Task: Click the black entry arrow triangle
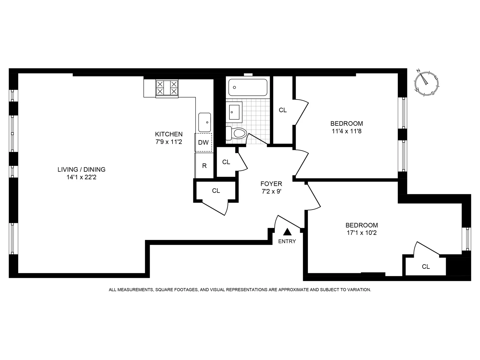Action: coord(287,232)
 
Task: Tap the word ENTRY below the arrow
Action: coord(287,241)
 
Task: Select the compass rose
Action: coord(427,82)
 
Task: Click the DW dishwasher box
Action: coord(204,142)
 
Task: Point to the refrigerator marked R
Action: coord(204,166)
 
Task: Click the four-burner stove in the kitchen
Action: coord(167,88)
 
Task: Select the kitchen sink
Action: coord(204,122)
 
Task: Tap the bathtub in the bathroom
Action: coord(248,87)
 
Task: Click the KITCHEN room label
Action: coord(169,134)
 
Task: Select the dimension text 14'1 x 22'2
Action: coord(81,177)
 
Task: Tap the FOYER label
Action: coord(271,184)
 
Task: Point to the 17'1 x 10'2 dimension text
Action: coord(362,233)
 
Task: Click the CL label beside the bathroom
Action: coord(283,110)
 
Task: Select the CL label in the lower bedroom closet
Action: coord(426,267)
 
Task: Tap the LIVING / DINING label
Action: coord(81,170)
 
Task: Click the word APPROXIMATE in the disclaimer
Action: coord(294,290)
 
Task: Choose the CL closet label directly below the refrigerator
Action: coord(216,191)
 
